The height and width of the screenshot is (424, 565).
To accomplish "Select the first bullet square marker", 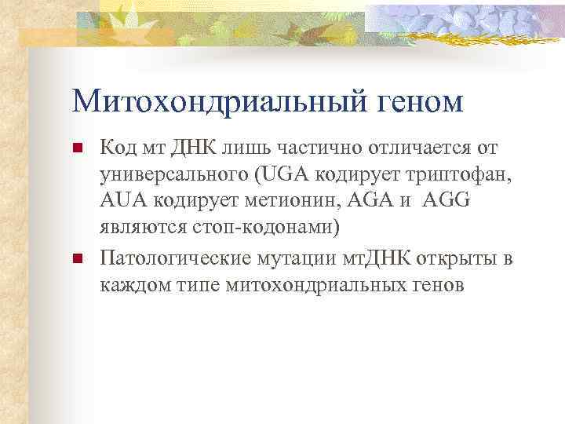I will click(x=77, y=148).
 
